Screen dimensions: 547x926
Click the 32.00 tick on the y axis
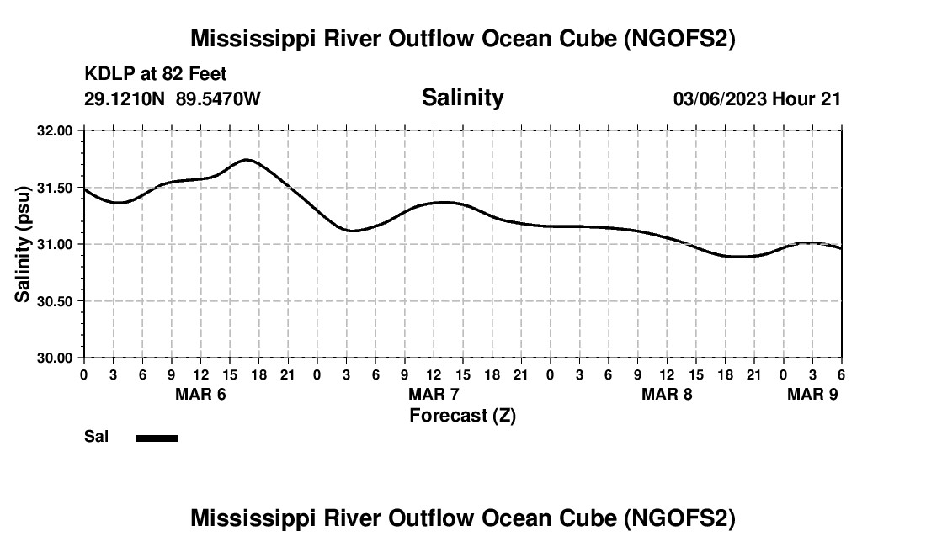tap(55, 130)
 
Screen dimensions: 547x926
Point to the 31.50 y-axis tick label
tap(55, 188)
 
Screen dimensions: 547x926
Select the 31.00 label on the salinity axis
tap(55, 244)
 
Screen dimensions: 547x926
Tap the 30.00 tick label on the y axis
tap(55, 358)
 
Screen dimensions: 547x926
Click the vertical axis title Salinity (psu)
tap(23, 244)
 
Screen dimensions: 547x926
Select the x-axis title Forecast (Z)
tap(462, 415)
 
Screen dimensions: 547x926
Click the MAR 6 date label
tap(201, 395)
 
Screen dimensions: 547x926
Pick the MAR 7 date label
tap(434, 395)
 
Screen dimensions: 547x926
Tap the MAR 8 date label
tap(667, 395)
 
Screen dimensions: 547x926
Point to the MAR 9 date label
tap(812, 395)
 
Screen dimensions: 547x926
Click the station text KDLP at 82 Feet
tap(156, 75)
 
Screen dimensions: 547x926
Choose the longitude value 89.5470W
tap(218, 98)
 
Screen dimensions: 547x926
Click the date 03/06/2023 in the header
tap(720, 98)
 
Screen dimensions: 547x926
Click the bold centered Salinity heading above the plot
tap(462, 98)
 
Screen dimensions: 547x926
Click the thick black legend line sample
tap(157, 438)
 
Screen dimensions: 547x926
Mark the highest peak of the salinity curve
tap(247, 159)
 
